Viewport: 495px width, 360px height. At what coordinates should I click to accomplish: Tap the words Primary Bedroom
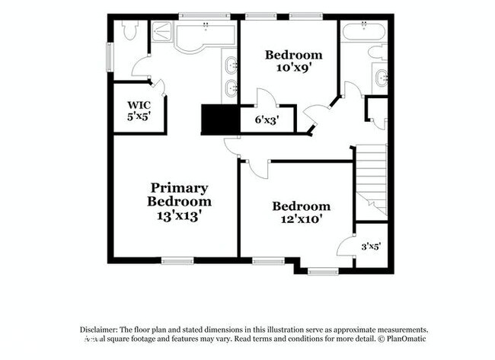pyautogui.click(x=179, y=195)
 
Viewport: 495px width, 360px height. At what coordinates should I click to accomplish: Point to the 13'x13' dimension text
pyautogui.click(x=179, y=215)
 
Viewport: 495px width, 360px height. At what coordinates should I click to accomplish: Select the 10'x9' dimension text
pyautogui.click(x=293, y=68)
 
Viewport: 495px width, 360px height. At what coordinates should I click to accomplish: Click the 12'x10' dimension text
pyautogui.click(x=302, y=220)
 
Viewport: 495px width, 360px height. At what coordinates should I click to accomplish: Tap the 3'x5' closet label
pyautogui.click(x=370, y=246)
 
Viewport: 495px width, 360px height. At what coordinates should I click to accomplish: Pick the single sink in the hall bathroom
pyautogui.click(x=382, y=76)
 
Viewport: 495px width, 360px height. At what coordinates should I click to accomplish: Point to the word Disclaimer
pyautogui.click(x=103, y=329)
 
